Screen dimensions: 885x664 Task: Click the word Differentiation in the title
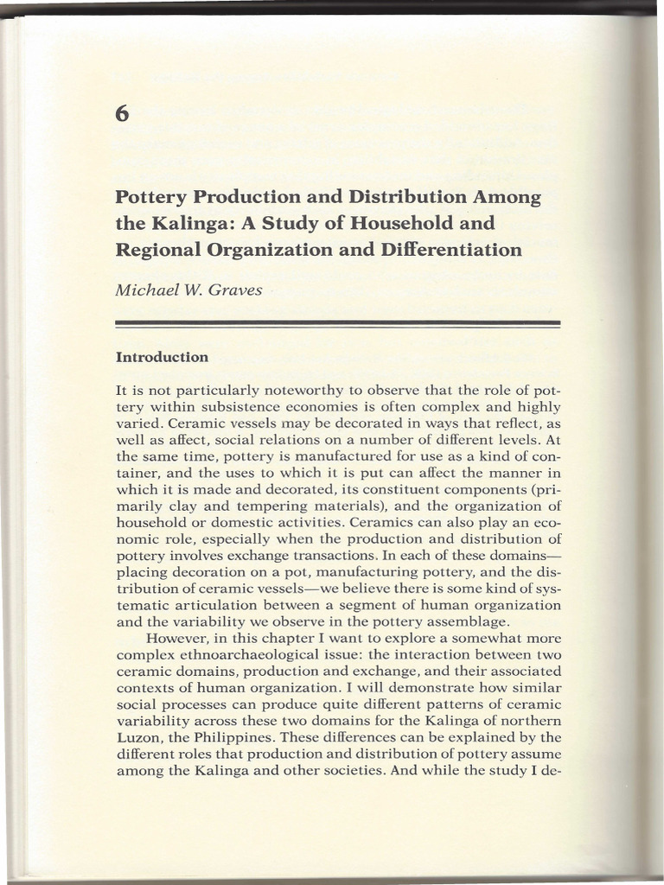pos(448,251)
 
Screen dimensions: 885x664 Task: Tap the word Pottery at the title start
pos(150,196)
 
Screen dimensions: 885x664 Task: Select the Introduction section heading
pos(162,356)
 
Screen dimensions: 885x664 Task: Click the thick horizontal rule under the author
pos(338,323)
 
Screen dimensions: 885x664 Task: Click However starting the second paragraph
pos(175,639)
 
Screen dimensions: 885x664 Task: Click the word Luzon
pos(136,737)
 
